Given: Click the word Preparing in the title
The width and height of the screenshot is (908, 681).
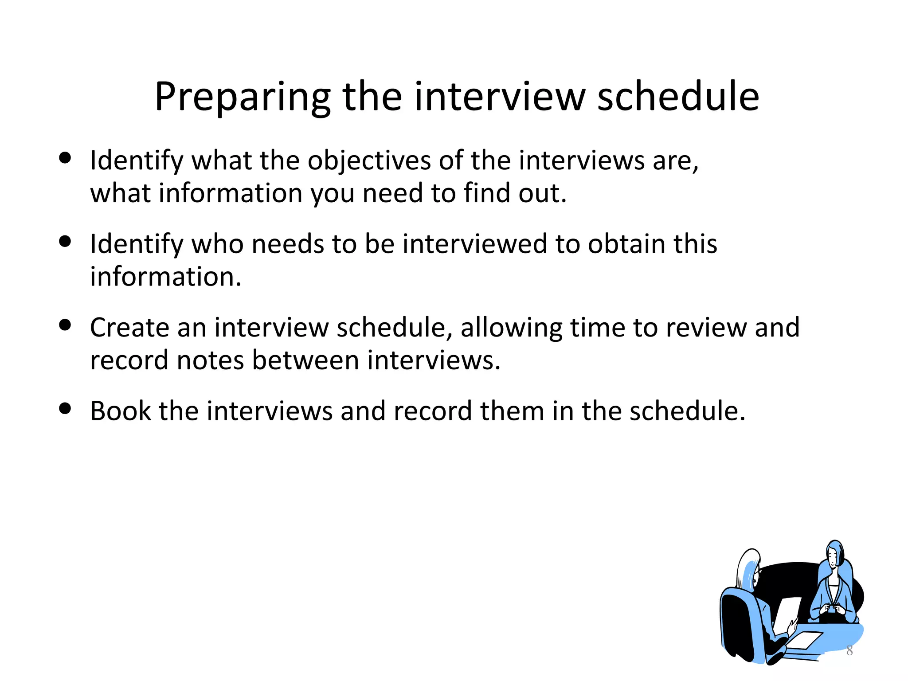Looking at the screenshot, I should coord(242,98).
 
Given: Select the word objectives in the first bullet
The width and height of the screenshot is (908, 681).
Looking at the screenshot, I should coord(369,160).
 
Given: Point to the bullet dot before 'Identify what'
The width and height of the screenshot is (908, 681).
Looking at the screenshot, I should coord(65,158).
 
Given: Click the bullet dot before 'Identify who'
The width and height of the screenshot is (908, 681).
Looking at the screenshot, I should coord(65,242).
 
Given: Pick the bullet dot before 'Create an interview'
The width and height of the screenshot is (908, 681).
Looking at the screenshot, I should coord(65,325).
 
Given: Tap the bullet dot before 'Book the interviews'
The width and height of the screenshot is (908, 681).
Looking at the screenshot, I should coord(65,408).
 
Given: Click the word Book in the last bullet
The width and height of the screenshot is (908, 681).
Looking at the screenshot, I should coord(121,411).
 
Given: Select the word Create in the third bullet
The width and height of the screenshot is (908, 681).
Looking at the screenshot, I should coord(129,328).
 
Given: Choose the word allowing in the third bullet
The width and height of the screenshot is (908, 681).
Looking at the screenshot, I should coord(511,329).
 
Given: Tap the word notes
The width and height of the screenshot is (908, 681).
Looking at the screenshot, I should coord(210,360).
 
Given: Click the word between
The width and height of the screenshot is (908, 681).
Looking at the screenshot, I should coord(305,360).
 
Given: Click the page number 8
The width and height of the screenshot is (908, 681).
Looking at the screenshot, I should coord(849,650).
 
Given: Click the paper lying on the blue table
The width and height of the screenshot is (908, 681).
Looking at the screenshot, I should coord(805,640).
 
